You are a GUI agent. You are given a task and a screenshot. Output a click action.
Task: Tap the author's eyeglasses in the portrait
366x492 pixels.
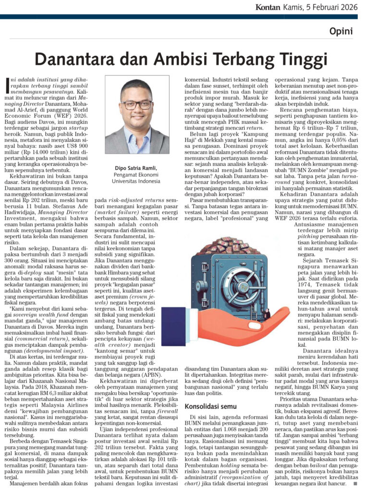[x=136, y=105]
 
